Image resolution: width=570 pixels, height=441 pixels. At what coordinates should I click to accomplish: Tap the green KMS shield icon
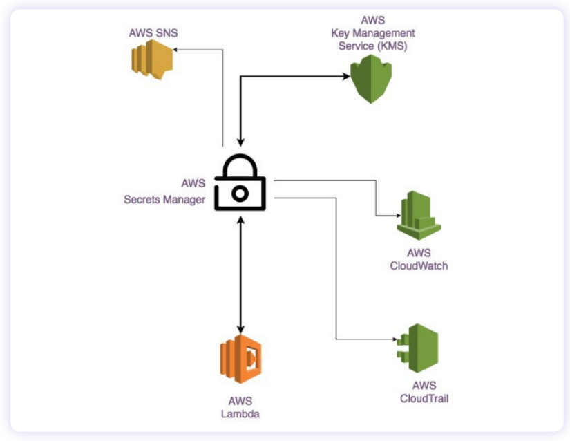[x=371, y=79]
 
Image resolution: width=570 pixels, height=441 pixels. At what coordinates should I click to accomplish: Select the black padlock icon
[x=240, y=182]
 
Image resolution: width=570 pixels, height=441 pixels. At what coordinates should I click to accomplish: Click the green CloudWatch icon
[x=419, y=216]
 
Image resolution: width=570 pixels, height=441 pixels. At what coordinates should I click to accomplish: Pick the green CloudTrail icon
[x=418, y=348]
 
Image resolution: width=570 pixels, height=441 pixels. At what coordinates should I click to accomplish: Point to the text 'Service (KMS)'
[x=372, y=46]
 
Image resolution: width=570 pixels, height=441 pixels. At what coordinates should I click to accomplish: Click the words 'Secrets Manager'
[x=164, y=200]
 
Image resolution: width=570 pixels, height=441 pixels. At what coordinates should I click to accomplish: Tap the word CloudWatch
[x=419, y=265]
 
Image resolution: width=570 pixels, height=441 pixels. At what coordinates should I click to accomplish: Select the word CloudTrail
[x=419, y=398]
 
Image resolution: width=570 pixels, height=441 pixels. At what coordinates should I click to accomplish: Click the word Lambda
[x=240, y=414]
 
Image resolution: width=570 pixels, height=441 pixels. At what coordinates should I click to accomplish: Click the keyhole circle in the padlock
[x=240, y=194]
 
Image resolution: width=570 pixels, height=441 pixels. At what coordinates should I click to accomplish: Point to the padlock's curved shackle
[x=240, y=163]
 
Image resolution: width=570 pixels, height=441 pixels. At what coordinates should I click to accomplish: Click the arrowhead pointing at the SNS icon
[x=177, y=49]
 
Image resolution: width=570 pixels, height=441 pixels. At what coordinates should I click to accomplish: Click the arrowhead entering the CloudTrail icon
[x=392, y=339]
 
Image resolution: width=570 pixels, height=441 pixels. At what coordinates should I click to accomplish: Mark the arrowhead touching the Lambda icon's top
[x=240, y=330]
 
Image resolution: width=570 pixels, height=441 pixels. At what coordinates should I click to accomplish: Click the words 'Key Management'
[x=372, y=33]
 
